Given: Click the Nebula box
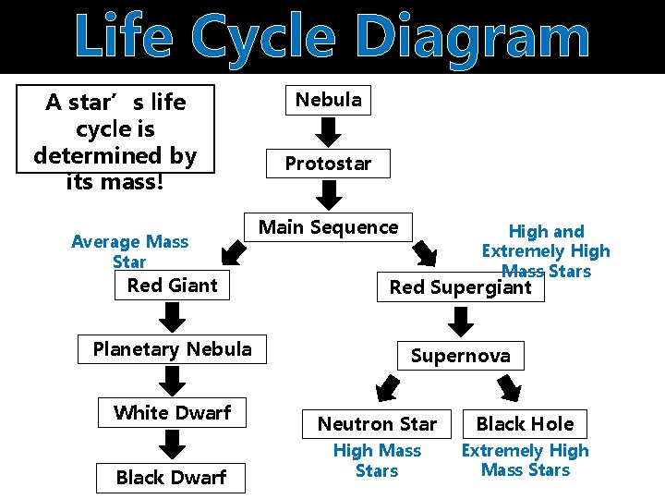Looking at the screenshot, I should pyautogui.click(x=328, y=100).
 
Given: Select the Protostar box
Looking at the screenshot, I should pyautogui.click(x=328, y=164).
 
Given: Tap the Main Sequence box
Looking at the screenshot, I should pyautogui.click(x=328, y=227).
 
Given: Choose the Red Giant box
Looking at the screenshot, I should pyautogui.click(x=172, y=286).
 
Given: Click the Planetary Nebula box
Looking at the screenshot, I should pyautogui.click(x=172, y=349).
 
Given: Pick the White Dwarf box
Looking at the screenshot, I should pyautogui.click(x=172, y=413).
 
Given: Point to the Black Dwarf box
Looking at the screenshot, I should pyautogui.click(x=171, y=478).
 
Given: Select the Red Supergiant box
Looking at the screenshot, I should pyautogui.click(x=460, y=287).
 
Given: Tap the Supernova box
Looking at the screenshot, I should pyautogui.click(x=460, y=356).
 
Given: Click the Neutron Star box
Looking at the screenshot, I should pyautogui.click(x=377, y=424).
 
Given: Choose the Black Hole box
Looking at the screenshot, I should pyautogui.click(x=525, y=424).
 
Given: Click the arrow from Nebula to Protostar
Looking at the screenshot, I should pyautogui.click(x=328, y=132).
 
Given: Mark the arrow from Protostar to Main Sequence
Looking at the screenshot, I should pyautogui.click(x=328, y=196).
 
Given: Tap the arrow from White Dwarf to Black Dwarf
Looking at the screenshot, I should pyautogui.click(x=172, y=445).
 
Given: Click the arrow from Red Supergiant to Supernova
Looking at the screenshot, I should pyautogui.click(x=460, y=322).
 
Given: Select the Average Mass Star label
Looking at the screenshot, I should pyautogui.click(x=129, y=251).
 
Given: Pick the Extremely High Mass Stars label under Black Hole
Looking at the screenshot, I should pyautogui.click(x=525, y=460).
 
